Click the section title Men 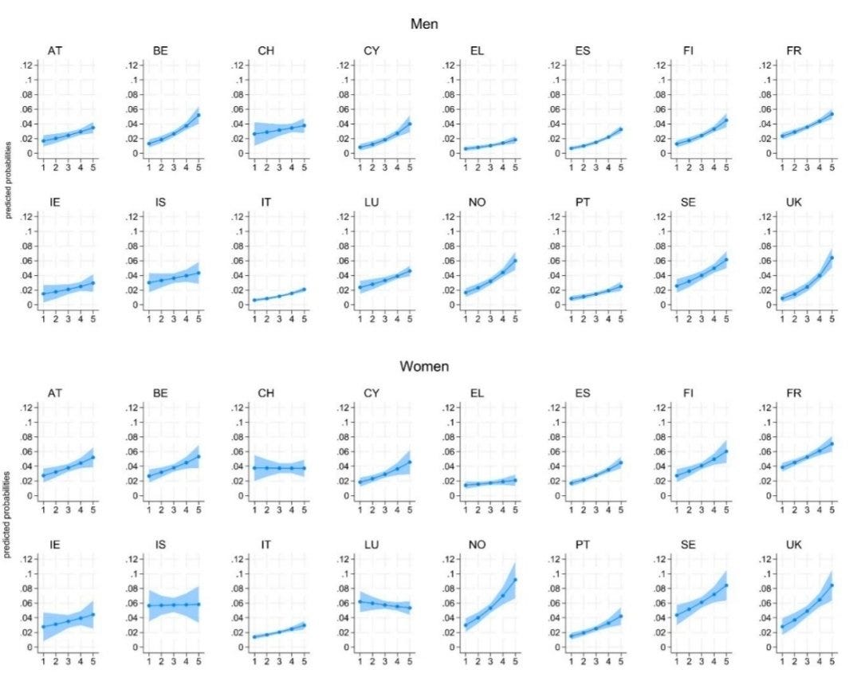click(424, 24)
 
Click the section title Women click(424, 367)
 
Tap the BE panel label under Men click(160, 50)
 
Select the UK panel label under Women click(793, 545)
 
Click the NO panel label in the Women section click(478, 545)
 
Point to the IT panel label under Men click(265, 203)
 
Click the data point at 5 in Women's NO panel click(515, 580)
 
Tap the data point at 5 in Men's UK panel click(832, 258)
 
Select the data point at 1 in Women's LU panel click(360, 601)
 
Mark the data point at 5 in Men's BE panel click(199, 115)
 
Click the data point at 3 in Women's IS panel click(174, 605)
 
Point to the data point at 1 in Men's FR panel click(783, 136)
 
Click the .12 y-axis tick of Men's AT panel click(27, 65)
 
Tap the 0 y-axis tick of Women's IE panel click(30, 648)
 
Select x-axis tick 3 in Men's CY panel click(385, 167)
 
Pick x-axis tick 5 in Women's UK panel click(832, 662)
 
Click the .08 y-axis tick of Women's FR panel click(766, 437)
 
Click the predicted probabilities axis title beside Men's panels click(8, 180)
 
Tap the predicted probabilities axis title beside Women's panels click(7, 515)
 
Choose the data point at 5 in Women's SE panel click(726, 585)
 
